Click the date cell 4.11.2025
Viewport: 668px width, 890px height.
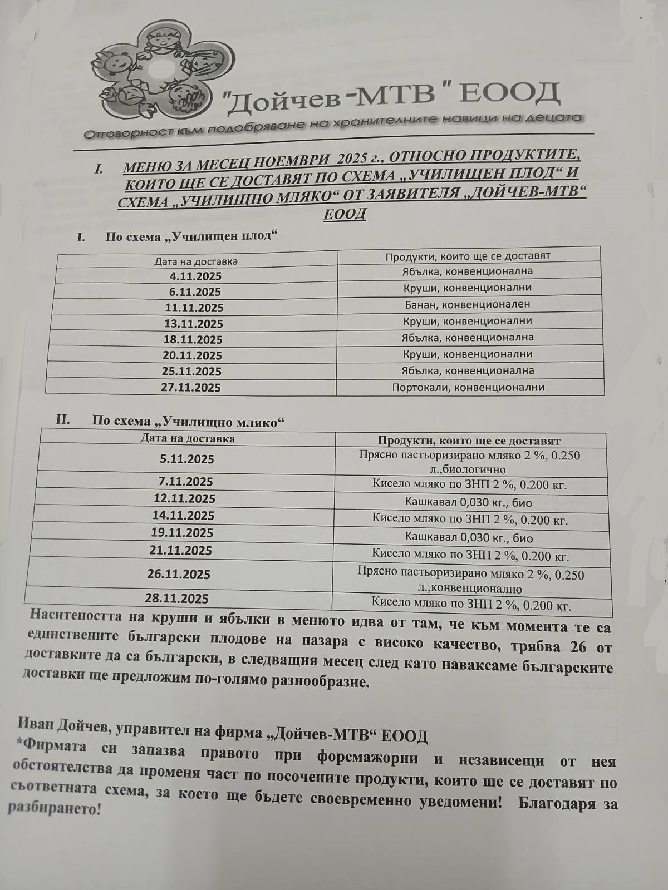pyautogui.click(x=196, y=276)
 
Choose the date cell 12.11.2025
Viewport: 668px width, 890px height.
pyautogui.click(x=183, y=499)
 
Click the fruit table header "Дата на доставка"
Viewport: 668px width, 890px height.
pyautogui.click(x=196, y=261)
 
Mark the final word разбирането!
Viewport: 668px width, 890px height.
pyautogui.click(x=53, y=809)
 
